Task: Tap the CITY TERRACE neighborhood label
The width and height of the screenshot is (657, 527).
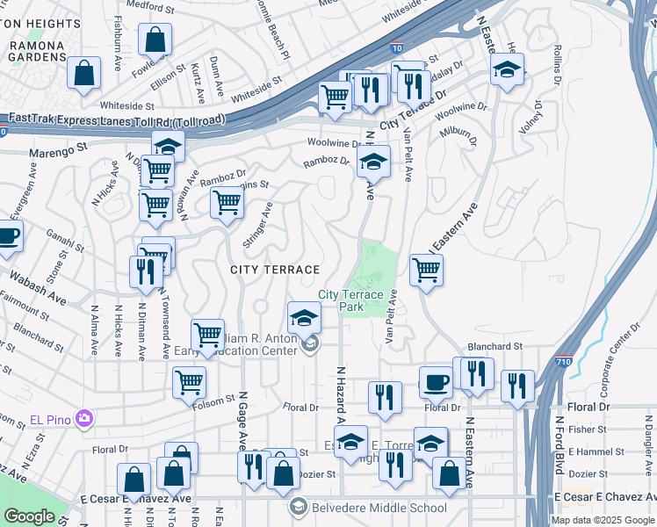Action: tap(274, 269)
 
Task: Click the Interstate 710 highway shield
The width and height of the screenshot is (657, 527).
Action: tap(565, 361)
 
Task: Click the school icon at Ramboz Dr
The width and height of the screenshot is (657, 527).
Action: tap(373, 162)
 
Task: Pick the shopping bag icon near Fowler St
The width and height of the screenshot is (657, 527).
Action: tap(155, 40)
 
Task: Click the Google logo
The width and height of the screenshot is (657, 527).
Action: tap(29, 516)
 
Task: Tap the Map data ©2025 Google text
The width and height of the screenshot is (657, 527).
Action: tap(603, 520)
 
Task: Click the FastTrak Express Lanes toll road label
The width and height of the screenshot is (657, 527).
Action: tap(114, 119)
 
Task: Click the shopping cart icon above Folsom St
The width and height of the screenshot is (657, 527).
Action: tap(190, 383)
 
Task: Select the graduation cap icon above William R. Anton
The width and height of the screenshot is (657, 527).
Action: tap(304, 317)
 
